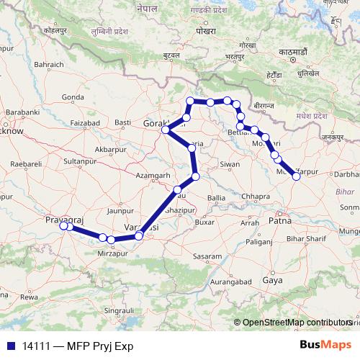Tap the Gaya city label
point(272,279)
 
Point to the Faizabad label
point(81,123)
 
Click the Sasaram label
point(207,256)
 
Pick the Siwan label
point(230,164)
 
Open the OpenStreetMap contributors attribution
point(296,323)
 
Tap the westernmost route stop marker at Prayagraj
point(63,226)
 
